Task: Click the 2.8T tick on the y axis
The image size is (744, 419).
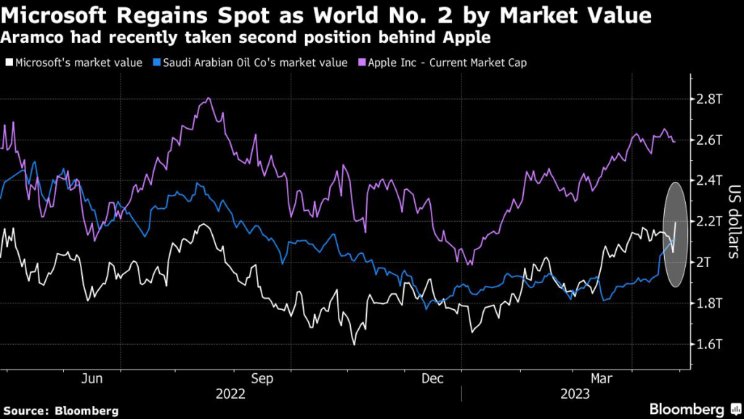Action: pos(708,98)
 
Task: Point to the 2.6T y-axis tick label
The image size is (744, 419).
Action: pos(708,139)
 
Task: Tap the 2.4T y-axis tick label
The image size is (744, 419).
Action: pos(708,180)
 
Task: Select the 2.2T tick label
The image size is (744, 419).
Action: pos(708,220)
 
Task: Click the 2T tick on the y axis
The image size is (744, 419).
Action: pos(704,261)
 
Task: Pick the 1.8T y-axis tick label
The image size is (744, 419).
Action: pos(708,302)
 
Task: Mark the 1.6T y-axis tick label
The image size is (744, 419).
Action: pos(708,343)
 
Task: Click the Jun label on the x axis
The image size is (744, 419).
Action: pos(92,378)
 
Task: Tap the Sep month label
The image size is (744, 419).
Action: pos(262,378)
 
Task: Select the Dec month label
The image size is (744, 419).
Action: pos(433,378)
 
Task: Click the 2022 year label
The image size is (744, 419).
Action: pos(231,394)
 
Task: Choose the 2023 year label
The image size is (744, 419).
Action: pos(574,394)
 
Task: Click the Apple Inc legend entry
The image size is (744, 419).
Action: pos(446,63)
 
